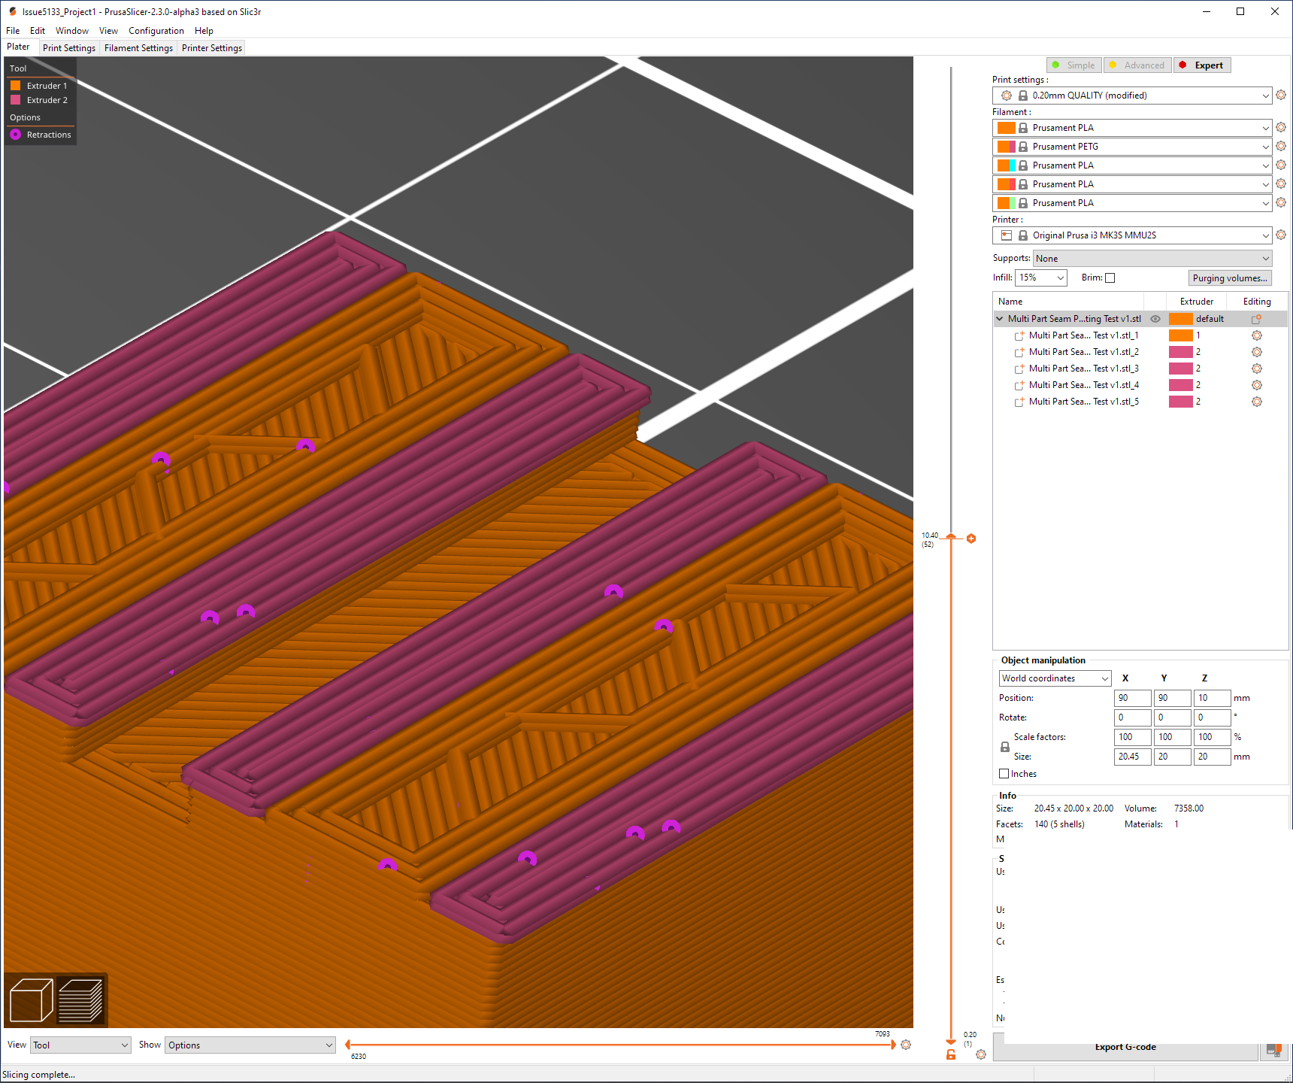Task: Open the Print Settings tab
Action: pyautogui.click(x=69, y=48)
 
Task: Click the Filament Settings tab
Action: pyautogui.click(x=138, y=48)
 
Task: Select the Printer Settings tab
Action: pyautogui.click(x=212, y=48)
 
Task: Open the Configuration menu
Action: pyautogui.click(x=156, y=31)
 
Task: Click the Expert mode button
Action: pyautogui.click(x=1202, y=65)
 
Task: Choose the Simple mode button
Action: pyautogui.click(x=1074, y=65)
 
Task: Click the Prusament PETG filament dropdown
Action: pyautogui.click(x=1132, y=147)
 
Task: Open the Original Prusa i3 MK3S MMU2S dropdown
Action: pyautogui.click(x=1132, y=235)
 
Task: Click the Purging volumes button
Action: pyautogui.click(x=1230, y=278)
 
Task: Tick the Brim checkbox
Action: pyautogui.click(x=1110, y=278)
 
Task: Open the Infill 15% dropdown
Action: pyautogui.click(x=1041, y=278)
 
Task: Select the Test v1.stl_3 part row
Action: pyautogui.click(x=1083, y=369)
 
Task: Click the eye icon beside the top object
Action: pyautogui.click(x=1155, y=319)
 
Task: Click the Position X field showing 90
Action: pyautogui.click(x=1131, y=698)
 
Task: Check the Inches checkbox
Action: pyautogui.click(x=1004, y=774)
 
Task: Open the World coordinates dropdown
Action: pyautogui.click(x=1055, y=678)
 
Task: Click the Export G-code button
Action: pyautogui.click(x=1125, y=1048)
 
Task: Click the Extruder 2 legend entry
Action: pyautogui.click(x=47, y=100)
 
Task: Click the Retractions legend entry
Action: pyautogui.click(x=48, y=135)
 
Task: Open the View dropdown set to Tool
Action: pyautogui.click(x=80, y=1045)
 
